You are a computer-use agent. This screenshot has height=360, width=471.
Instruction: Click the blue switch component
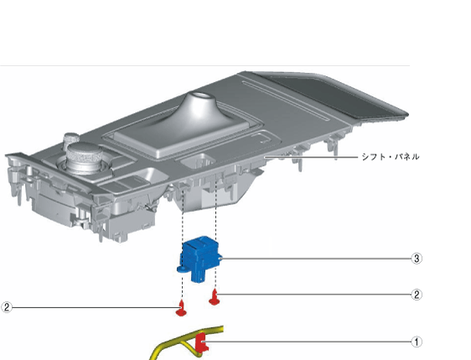tap(199, 259)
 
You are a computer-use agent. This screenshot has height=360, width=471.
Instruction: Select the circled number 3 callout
tap(417, 259)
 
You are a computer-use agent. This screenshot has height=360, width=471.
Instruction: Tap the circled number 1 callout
tap(417, 342)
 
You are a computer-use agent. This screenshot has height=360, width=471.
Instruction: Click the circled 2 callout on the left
tap(7, 307)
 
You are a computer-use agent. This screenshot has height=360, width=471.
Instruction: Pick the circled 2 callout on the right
tap(417, 295)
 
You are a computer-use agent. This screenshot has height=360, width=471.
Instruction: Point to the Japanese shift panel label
tap(391, 157)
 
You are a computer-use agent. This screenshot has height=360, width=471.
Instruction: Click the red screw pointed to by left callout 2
tap(181, 308)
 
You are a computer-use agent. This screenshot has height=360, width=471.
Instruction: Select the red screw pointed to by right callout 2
tap(215, 297)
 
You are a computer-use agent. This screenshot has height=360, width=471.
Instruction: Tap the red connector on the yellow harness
tap(201, 342)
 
